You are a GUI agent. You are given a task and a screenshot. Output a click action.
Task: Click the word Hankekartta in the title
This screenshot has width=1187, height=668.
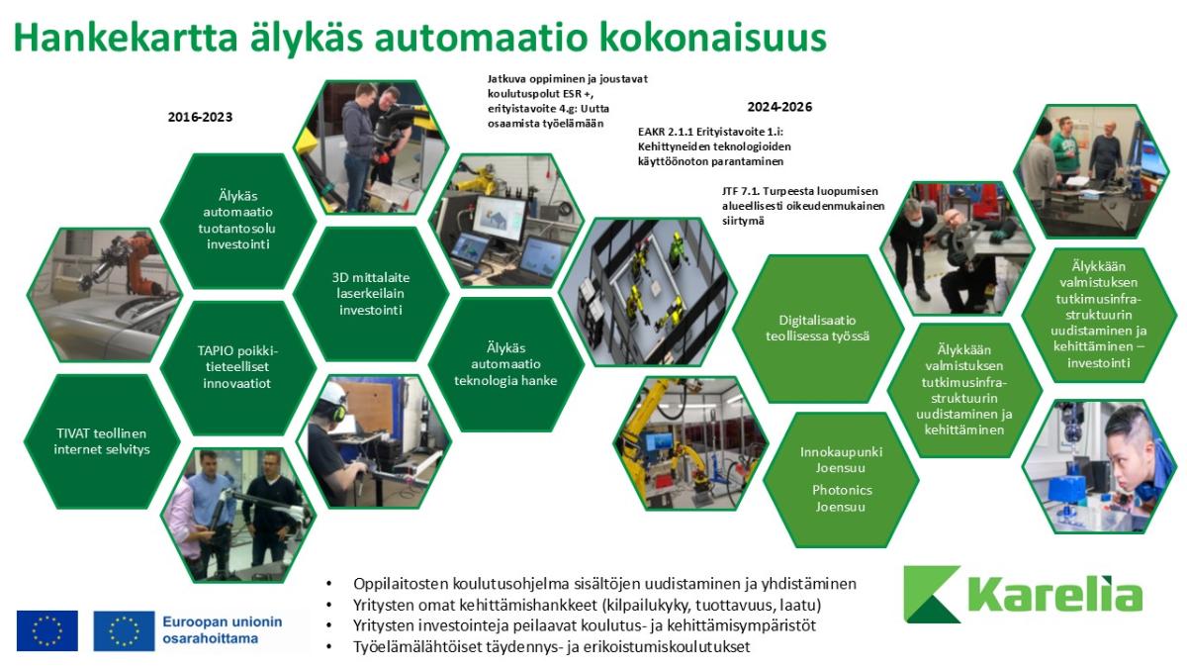(x=125, y=38)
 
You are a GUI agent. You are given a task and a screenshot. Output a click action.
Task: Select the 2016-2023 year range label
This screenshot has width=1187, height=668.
(x=200, y=117)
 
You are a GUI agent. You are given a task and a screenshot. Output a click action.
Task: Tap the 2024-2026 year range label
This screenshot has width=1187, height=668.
(x=779, y=107)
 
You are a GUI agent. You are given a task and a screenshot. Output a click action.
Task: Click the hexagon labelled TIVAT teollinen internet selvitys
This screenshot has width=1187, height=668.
(x=102, y=441)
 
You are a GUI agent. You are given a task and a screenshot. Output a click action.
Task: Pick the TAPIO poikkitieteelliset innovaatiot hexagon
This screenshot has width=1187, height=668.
(x=238, y=367)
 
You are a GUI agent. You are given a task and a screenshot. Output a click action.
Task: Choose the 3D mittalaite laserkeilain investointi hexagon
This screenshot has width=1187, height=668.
(x=370, y=294)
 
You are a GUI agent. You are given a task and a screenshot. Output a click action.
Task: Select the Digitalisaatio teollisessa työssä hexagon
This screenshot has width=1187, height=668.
(x=818, y=329)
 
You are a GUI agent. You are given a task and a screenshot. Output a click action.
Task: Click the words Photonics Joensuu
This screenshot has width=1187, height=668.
(x=842, y=499)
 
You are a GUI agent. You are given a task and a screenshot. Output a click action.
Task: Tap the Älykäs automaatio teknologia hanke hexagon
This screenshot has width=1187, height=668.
(x=506, y=364)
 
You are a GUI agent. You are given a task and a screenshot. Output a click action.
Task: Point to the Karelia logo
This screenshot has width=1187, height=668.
(x=1023, y=594)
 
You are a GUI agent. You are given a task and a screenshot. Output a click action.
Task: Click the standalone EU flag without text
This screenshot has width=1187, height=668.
(x=47, y=631)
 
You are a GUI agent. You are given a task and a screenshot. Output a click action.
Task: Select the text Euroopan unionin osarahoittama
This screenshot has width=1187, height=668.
(x=222, y=630)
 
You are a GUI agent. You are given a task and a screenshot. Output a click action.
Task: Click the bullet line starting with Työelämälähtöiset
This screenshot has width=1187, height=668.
(x=551, y=647)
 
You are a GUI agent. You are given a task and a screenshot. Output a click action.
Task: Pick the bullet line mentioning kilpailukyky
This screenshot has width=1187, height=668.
(x=588, y=605)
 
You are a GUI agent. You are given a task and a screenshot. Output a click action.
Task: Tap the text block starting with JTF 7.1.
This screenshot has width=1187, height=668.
(x=803, y=206)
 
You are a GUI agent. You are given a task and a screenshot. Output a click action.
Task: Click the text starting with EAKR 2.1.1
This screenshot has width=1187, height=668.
(x=714, y=146)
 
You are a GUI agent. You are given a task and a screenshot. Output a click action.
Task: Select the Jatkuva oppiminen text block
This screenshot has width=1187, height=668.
(x=567, y=101)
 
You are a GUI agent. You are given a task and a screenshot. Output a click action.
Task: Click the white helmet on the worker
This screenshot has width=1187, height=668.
(x=332, y=394)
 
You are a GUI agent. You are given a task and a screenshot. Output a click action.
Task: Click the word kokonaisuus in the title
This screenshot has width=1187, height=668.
(x=714, y=38)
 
